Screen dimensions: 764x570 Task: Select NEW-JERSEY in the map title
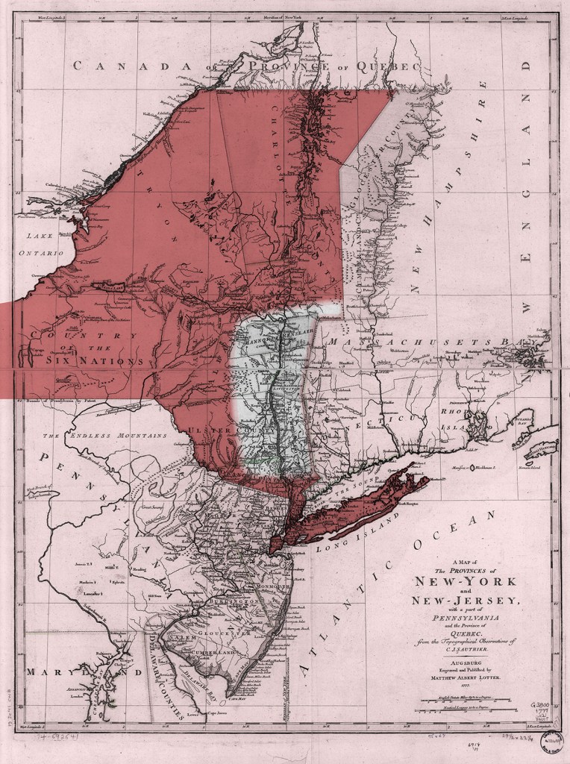coord(459,602)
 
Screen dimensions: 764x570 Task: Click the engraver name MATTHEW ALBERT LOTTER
coord(456,677)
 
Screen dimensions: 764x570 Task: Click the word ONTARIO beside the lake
coord(43,254)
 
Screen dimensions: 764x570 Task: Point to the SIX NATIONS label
coord(93,361)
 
